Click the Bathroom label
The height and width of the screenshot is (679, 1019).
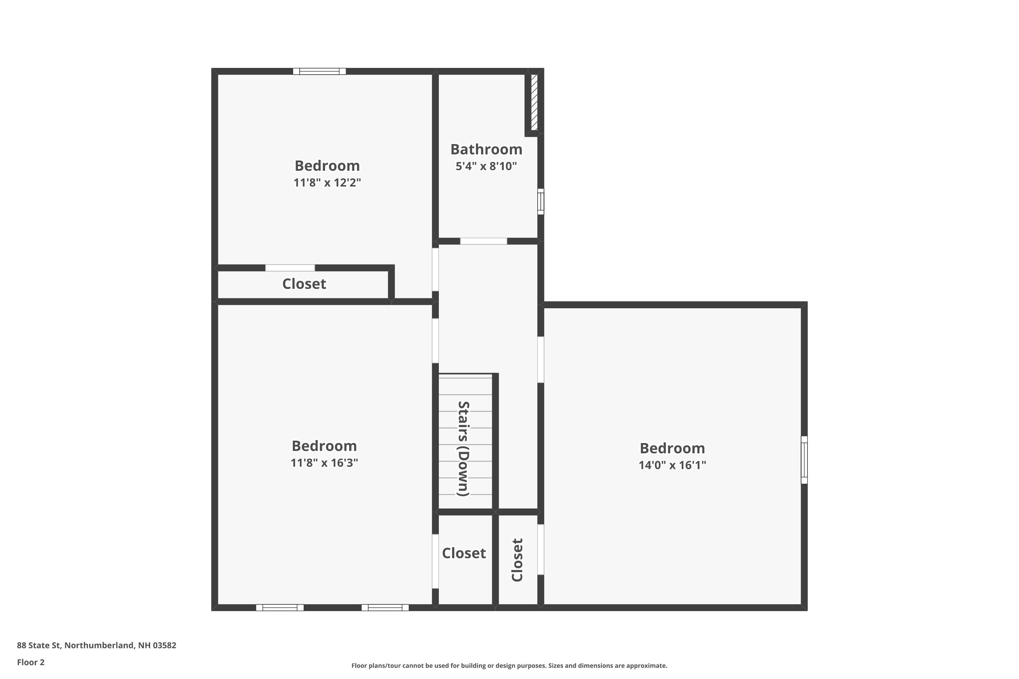[486, 149]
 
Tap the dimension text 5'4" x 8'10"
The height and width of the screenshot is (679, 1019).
[486, 166]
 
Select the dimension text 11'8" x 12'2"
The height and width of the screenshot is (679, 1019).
[327, 183]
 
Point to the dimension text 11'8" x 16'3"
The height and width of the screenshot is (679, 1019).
[324, 463]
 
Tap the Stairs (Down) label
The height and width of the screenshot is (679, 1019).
[464, 448]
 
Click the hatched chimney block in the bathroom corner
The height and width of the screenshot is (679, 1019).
[534, 102]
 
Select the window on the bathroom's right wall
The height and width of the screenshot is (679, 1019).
[541, 201]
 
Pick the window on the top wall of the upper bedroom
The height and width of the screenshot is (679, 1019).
[319, 71]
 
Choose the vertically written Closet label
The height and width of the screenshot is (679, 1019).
[517, 560]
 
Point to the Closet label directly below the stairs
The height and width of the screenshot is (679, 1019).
[464, 553]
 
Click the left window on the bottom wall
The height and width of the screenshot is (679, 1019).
[280, 608]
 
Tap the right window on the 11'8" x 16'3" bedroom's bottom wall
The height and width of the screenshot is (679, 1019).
[385, 608]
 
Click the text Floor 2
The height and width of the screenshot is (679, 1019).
[31, 662]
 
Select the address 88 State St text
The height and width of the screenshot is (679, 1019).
[96, 645]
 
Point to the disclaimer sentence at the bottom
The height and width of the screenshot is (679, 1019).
[509, 665]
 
